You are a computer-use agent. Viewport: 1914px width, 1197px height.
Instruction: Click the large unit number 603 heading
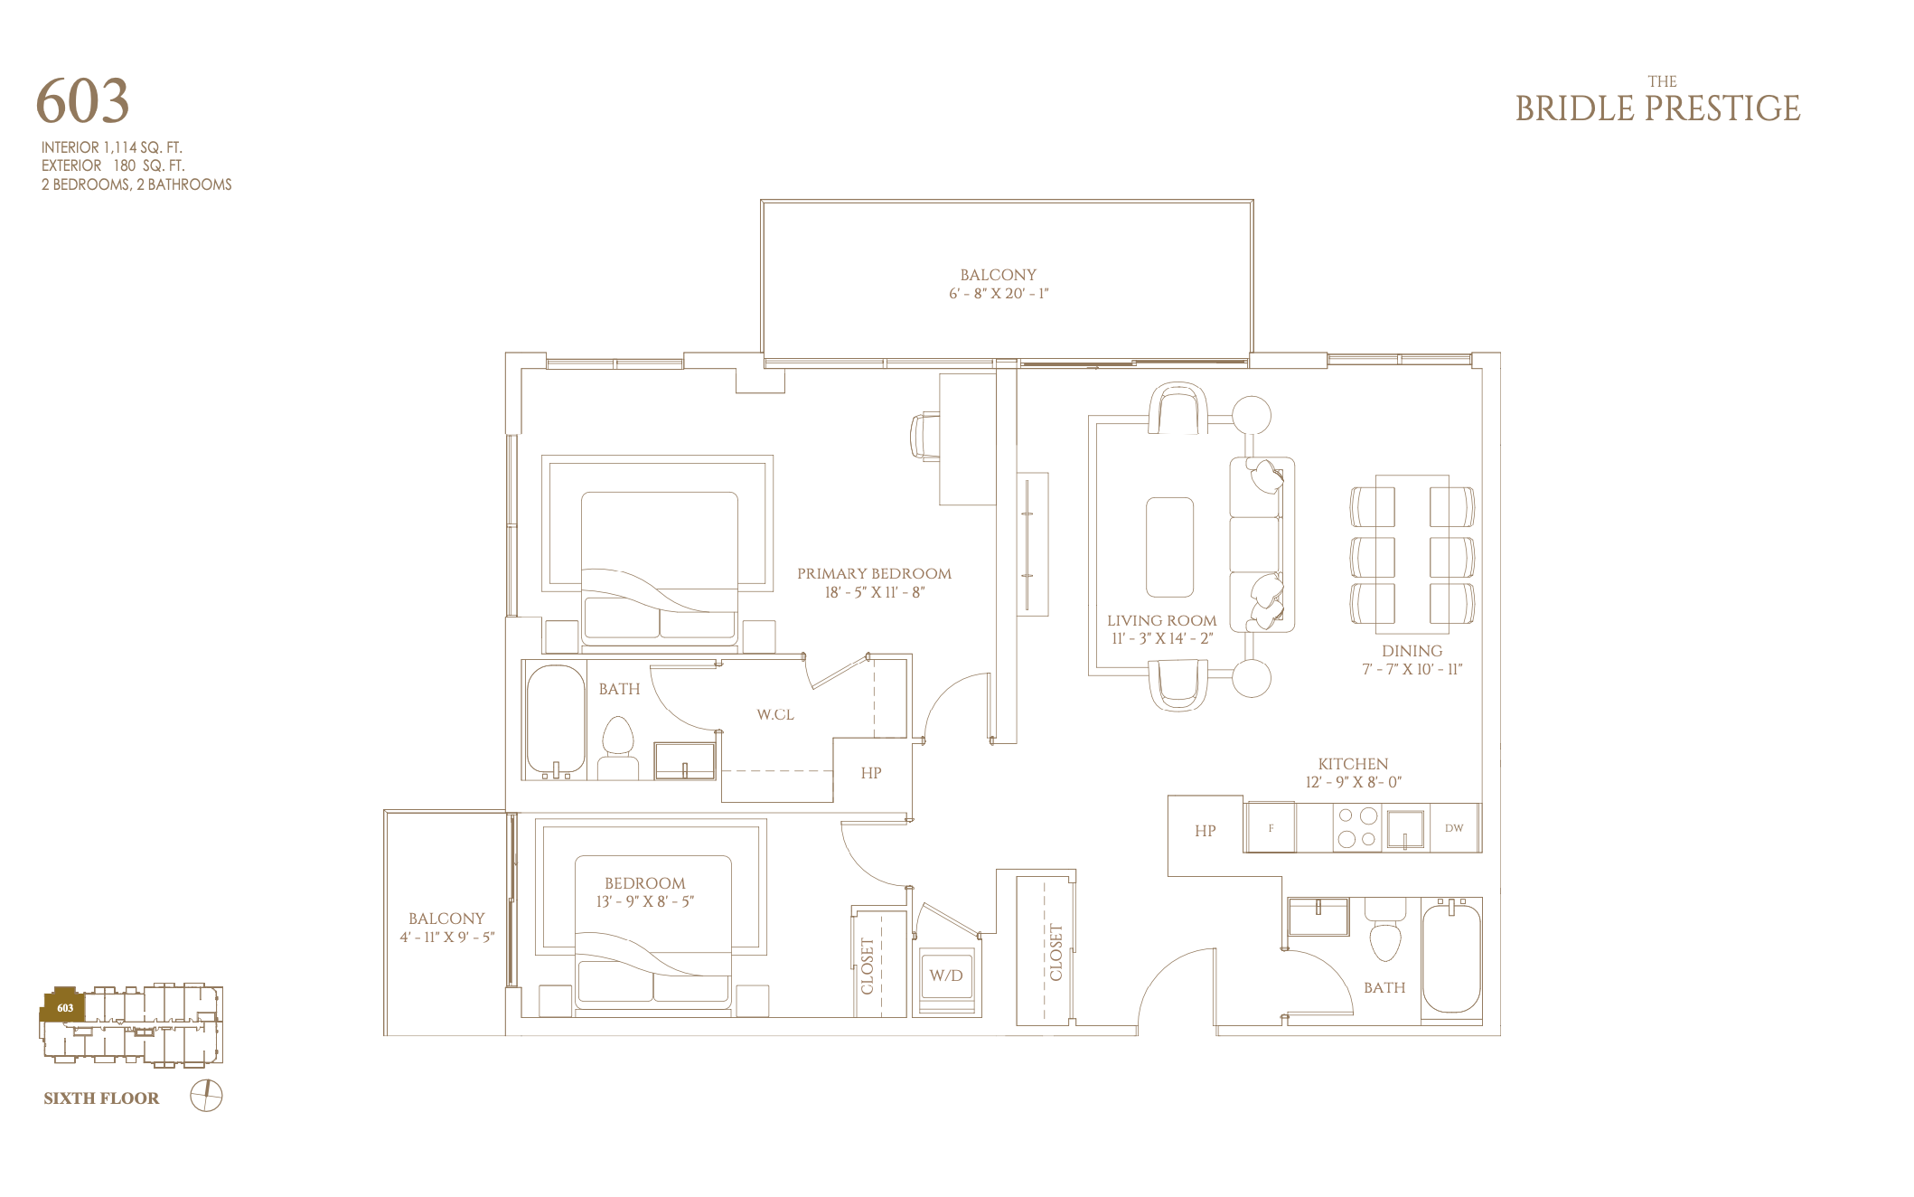point(82,100)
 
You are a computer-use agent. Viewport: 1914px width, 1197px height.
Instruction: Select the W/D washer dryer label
point(946,976)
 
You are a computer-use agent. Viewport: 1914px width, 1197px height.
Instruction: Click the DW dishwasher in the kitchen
point(1454,827)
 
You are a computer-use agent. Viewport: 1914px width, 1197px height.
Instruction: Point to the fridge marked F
point(1271,827)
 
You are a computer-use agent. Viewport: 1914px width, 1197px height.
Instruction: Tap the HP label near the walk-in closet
point(871,773)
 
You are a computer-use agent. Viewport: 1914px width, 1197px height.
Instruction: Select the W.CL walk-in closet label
point(775,714)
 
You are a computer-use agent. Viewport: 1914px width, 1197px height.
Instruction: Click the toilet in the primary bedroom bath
point(618,748)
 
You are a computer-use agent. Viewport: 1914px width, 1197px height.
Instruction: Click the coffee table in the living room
point(1169,547)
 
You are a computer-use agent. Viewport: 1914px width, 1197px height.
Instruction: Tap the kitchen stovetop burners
point(1357,827)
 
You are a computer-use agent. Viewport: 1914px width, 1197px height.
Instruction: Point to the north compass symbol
point(206,1096)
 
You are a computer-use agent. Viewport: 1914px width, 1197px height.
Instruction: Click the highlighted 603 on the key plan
point(65,1008)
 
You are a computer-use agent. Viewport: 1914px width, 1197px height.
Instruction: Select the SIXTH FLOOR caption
point(101,1098)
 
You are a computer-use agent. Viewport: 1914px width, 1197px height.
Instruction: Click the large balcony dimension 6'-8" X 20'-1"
point(999,294)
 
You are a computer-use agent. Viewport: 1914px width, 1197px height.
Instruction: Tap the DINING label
point(1412,651)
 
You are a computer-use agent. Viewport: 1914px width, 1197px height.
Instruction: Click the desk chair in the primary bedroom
point(925,437)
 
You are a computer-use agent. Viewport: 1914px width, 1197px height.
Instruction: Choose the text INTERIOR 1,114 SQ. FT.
point(112,147)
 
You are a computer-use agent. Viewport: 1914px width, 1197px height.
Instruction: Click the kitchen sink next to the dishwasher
point(1405,828)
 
